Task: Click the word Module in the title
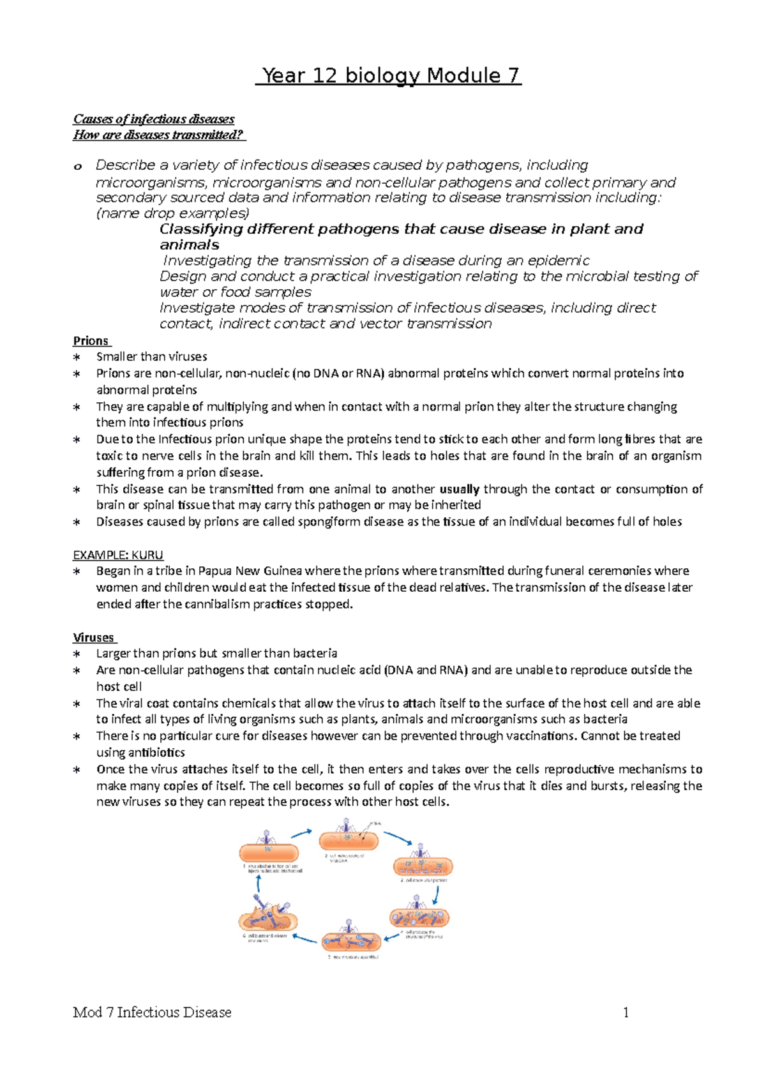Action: [463, 76]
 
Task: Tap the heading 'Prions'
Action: [91, 341]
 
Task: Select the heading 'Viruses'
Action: [93, 637]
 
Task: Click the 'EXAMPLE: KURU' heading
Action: [118, 555]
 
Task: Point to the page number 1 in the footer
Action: [626, 1012]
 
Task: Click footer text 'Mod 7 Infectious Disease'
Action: [152, 1012]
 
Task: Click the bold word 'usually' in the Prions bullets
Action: [460, 489]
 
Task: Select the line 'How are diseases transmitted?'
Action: [158, 135]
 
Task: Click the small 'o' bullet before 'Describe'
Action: [78, 166]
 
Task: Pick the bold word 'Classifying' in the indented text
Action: [201, 229]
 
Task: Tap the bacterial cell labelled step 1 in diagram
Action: [269, 852]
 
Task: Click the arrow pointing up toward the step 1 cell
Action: [259, 884]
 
